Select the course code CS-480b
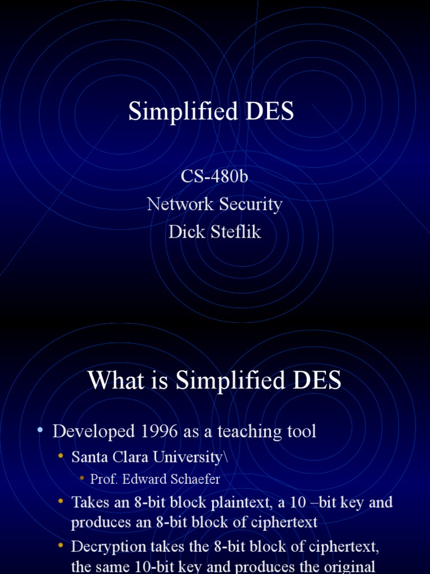pyautogui.click(x=214, y=177)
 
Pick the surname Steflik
pyautogui.click(x=236, y=232)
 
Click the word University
pyautogui.click(x=192, y=457)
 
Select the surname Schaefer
pyautogui.click(x=193, y=479)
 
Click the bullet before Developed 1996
pyautogui.click(x=40, y=430)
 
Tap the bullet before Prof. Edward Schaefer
pyautogui.click(x=81, y=478)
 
